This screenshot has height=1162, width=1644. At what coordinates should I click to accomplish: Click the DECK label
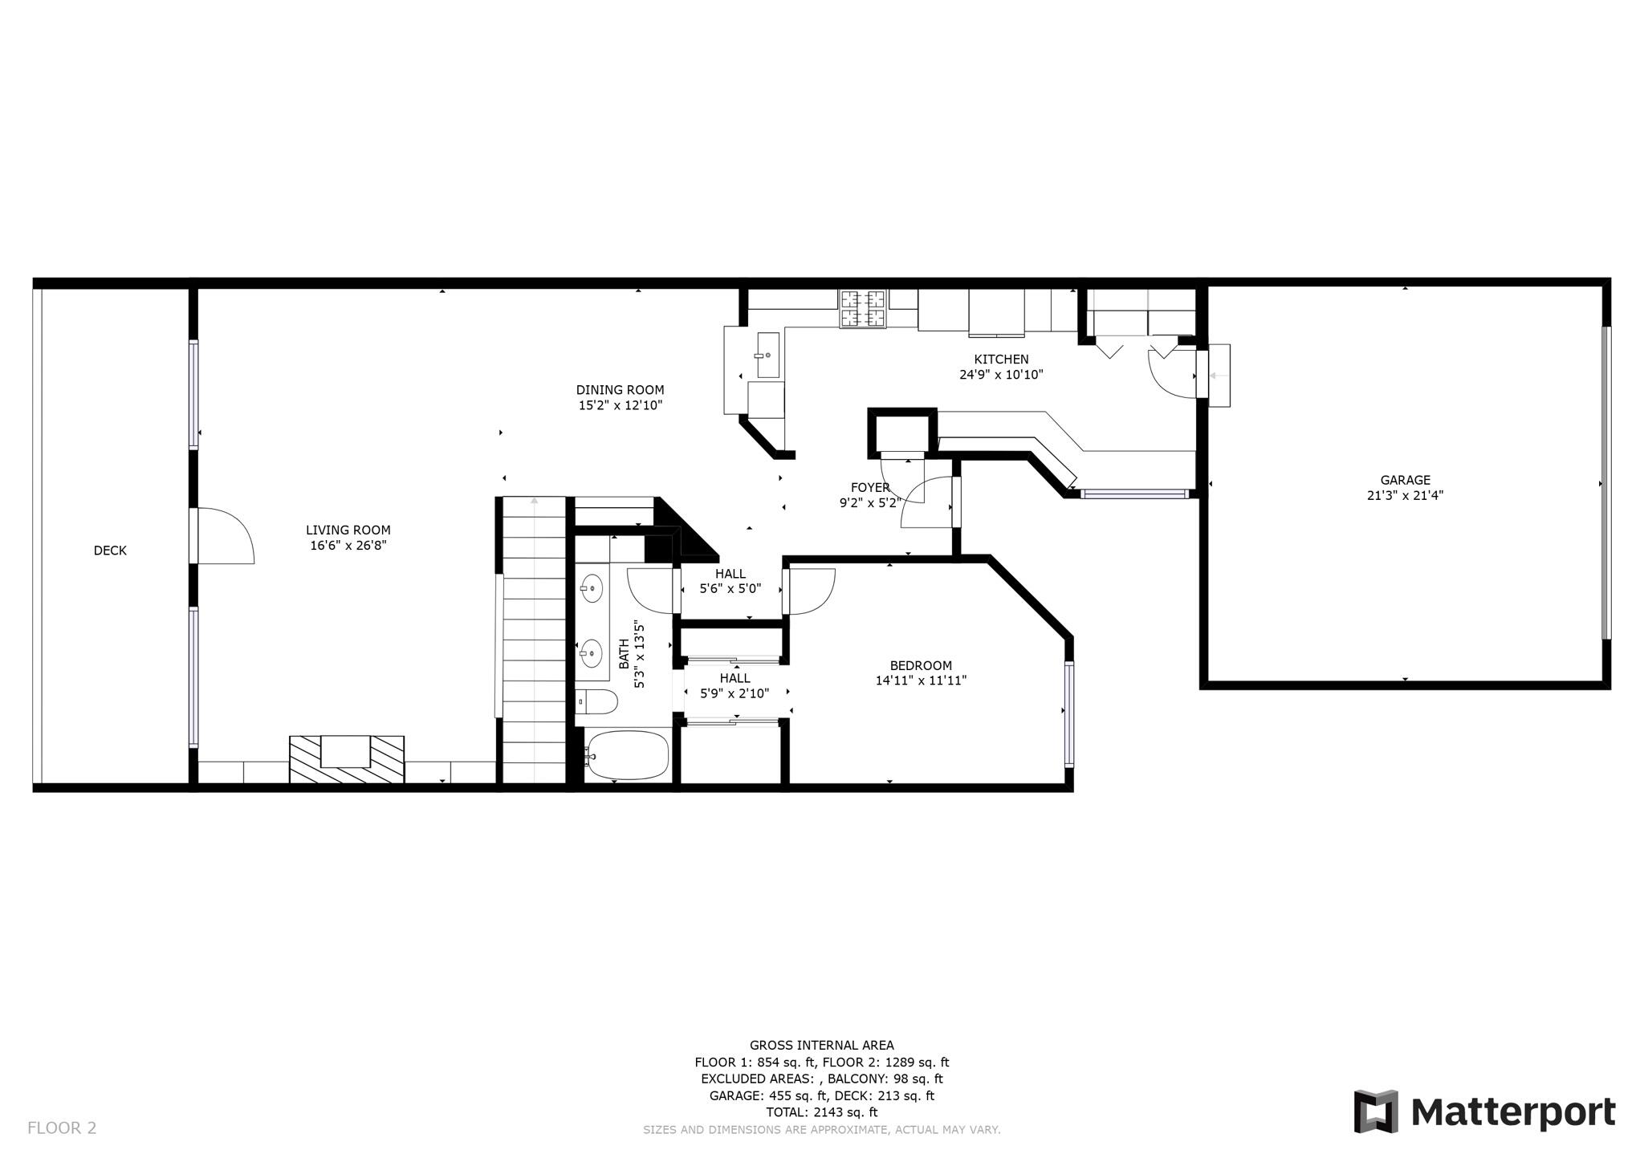pyautogui.click(x=110, y=551)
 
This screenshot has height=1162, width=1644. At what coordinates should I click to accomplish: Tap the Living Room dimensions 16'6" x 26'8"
pyautogui.click(x=348, y=546)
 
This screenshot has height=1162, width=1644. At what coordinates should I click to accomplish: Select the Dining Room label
pyautogui.click(x=620, y=390)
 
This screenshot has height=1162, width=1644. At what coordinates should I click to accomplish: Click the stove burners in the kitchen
pyautogui.click(x=863, y=308)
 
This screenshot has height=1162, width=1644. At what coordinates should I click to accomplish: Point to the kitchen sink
pyautogui.click(x=767, y=354)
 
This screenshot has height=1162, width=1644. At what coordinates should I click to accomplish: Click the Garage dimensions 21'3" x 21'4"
pyautogui.click(x=1405, y=496)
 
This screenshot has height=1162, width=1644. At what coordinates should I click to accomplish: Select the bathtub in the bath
pyautogui.click(x=627, y=756)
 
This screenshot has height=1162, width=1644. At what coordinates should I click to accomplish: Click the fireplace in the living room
pyautogui.click(x=346, y=758)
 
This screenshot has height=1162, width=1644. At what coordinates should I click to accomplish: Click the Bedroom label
pyautogui.click(x=921, y=665)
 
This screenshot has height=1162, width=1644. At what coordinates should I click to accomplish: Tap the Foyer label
pyautogui.click(x=870, y=487)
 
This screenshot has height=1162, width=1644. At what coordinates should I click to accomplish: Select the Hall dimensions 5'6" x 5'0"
pyautogui.click(x=730, y=589)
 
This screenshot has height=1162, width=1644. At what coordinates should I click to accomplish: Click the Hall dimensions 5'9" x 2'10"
pyautogui.click(x=735, y=693)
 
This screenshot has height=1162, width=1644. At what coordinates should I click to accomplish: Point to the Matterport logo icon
pyautogui.click(x=1376, y=1111)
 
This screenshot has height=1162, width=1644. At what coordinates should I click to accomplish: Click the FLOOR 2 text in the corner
pyautogui.click(x=62, y=1127)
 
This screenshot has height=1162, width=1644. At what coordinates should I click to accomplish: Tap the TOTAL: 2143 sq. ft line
pyautogui.click(x=821, y=1112)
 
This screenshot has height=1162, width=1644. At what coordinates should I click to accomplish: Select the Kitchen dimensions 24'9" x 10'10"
pyautogui.click(x=1001, y=375)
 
